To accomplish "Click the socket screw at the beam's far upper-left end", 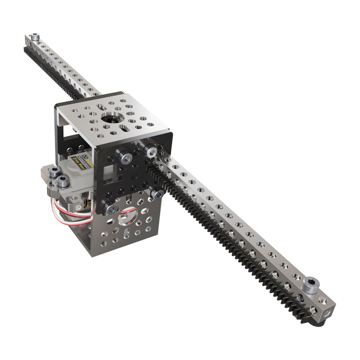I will click(35, 37).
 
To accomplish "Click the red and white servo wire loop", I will click(71, 212).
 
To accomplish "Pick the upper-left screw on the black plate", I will click(124, 157).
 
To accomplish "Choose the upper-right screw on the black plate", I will click(150, 150).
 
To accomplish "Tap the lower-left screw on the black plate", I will click(107, 206).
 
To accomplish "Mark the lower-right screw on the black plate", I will click(157, 193).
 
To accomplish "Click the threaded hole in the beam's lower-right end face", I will click(326, 310).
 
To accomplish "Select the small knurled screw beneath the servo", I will click(76, 206).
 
